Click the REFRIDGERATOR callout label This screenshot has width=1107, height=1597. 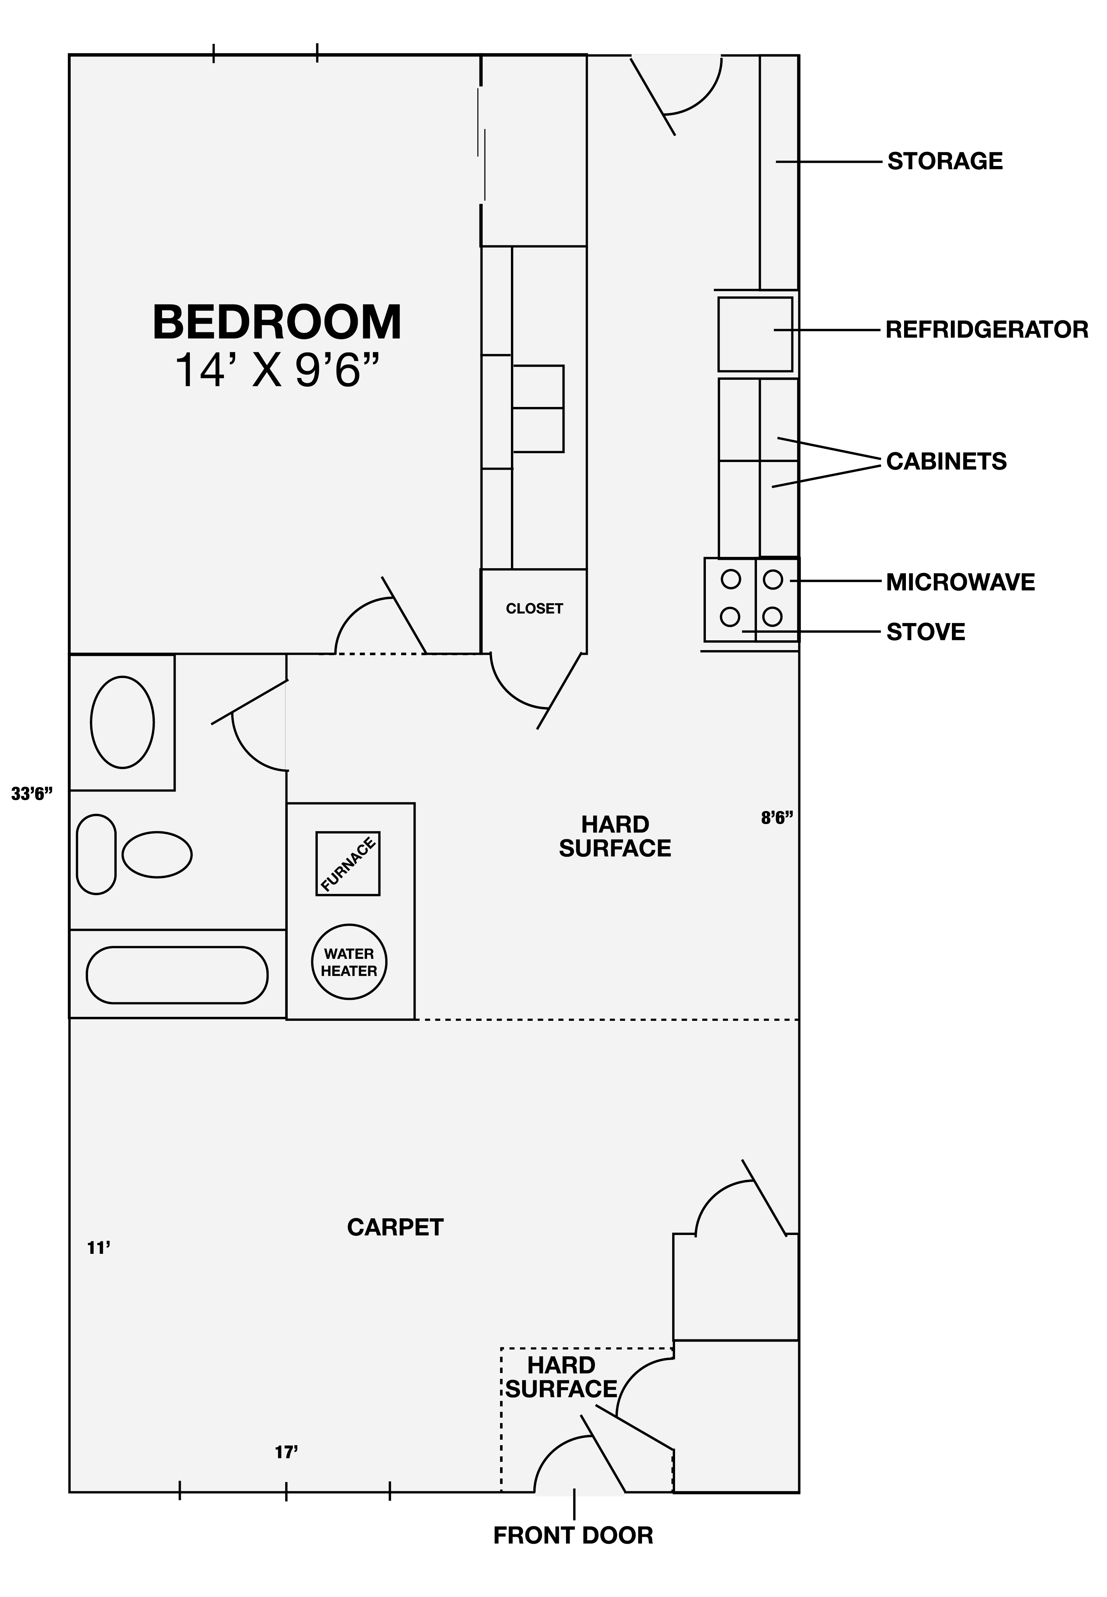pos(987,329)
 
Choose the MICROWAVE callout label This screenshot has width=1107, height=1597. pos(961,582)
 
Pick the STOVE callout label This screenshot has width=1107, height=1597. pos(926,632)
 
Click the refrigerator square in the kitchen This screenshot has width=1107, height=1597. pos(756,334)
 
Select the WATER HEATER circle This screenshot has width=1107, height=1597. pos(349,962)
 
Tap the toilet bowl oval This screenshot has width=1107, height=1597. pos(158,854)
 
